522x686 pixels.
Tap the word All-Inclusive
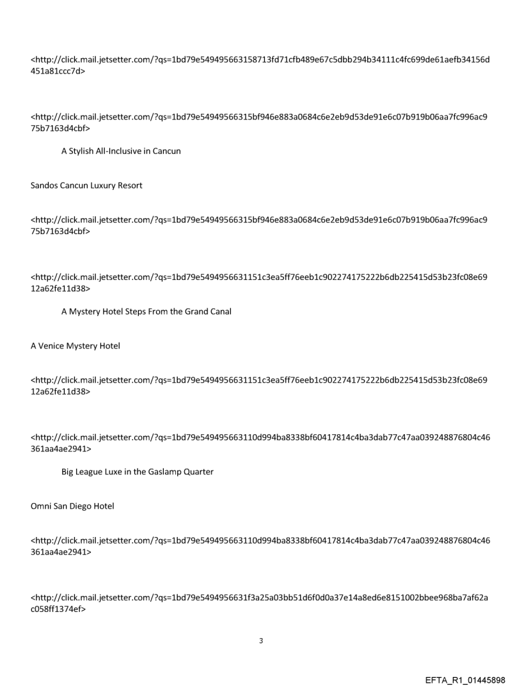point(122,151)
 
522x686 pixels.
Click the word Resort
point(129,185)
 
